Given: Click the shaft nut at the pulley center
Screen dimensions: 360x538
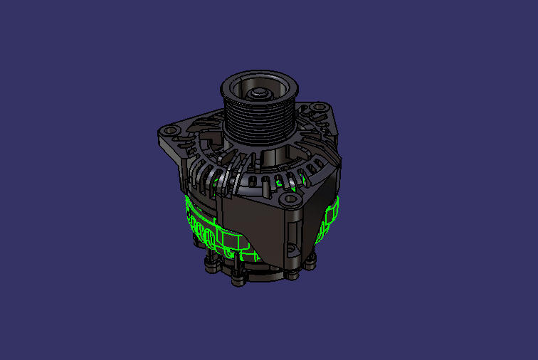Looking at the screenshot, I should pos(257,92).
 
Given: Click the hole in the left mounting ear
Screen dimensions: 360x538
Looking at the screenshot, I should pos(169,132).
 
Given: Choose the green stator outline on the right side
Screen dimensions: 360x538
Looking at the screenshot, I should pos(331,217).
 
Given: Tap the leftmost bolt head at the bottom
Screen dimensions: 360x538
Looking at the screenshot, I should pos(211,268).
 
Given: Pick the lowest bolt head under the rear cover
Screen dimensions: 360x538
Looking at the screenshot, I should pos(238,279).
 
